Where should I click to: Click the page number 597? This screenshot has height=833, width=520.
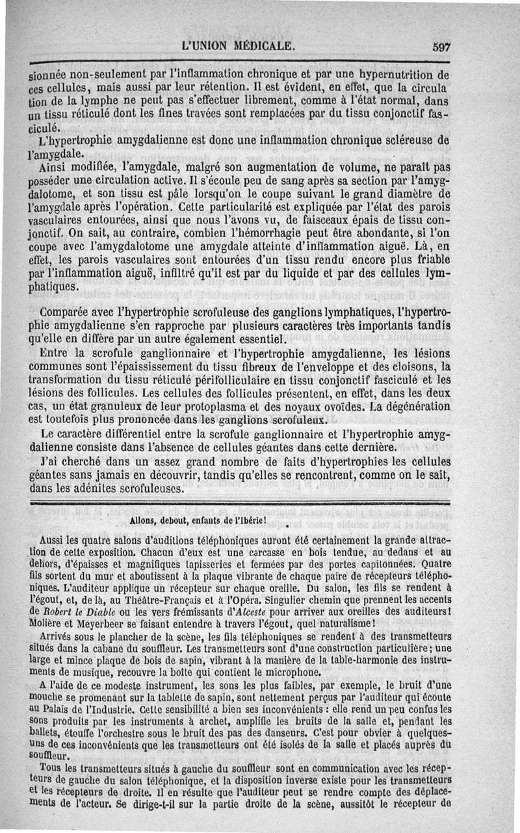coord(440,47)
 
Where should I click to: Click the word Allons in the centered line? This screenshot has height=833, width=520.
coord(144,521)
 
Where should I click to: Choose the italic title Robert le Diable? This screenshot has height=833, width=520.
coord(88,612)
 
